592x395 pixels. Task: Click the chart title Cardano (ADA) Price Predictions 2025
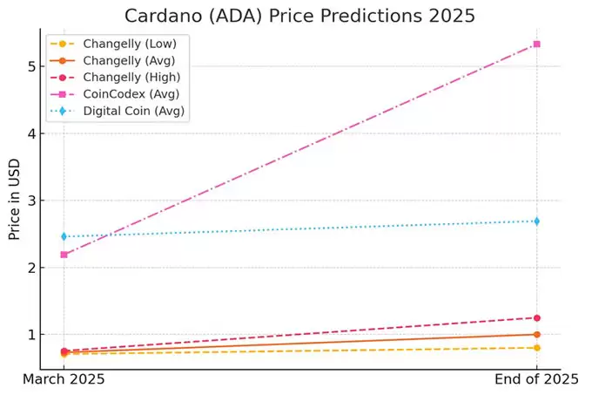point(300,16)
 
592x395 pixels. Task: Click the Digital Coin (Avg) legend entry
point(135,112)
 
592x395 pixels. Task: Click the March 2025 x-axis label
point(64,380)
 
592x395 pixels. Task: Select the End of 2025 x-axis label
point(536,380)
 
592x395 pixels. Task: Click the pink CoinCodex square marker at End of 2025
point(536,44)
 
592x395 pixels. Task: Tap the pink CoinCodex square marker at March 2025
point(64,255)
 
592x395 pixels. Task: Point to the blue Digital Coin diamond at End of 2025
point(536,221)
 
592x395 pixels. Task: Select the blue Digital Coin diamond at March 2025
point(64,236)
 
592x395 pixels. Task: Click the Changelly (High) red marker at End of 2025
point(536,317)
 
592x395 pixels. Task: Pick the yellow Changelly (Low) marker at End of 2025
point(536,348)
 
